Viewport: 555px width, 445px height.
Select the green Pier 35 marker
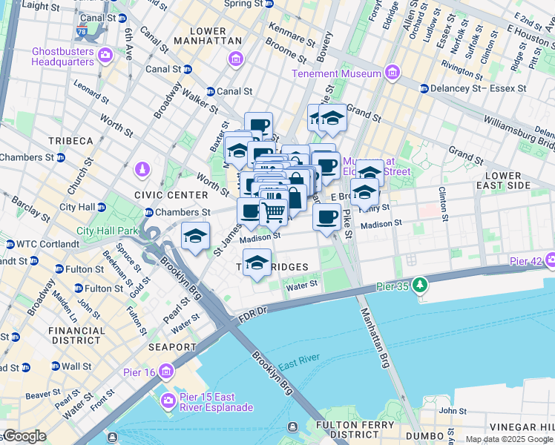(421, 285)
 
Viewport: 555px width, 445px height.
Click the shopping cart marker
(273, 212)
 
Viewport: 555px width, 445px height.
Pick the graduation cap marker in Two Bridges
(257, 263)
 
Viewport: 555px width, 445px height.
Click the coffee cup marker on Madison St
(326, 217)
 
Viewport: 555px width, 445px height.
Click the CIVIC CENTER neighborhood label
(160, 194)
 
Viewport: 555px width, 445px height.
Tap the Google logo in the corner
(24, 436)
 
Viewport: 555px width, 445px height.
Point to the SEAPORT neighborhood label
(171, 346)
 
